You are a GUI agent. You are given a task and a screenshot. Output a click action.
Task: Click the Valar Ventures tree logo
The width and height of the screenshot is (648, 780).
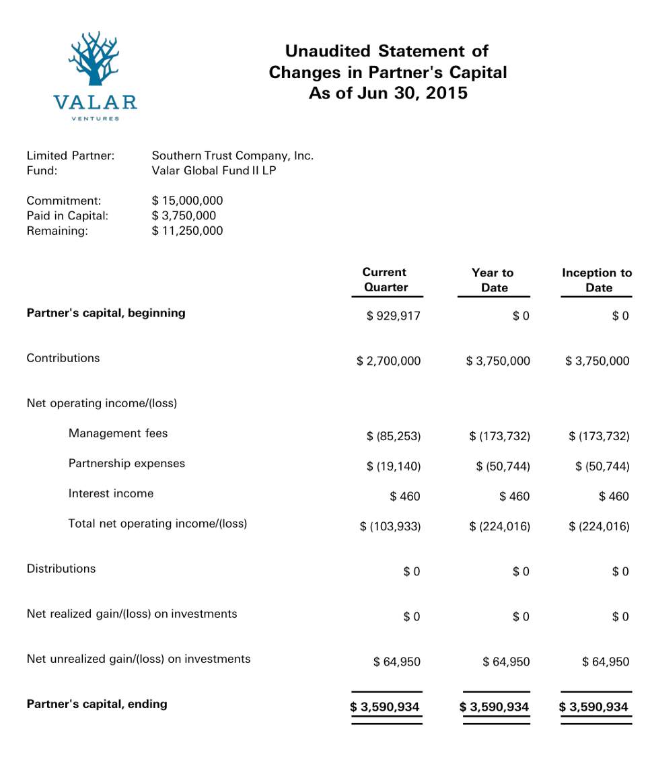(x=94, y=59)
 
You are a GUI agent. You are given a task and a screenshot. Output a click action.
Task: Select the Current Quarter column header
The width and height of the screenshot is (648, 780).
(x=385, y=280)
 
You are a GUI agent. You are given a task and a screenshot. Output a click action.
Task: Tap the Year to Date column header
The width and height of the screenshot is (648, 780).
(x=493, y=280)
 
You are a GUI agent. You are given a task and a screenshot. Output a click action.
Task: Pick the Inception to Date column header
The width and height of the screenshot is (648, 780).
(x=597, y=280)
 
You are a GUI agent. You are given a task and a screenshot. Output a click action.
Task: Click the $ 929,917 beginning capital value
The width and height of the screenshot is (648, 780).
(x=393, y=316)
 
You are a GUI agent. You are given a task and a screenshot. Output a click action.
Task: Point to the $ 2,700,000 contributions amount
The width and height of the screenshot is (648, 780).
(x=388, y=361)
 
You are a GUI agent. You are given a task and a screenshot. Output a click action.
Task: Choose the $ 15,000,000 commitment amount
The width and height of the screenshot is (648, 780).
(x=187, y=201)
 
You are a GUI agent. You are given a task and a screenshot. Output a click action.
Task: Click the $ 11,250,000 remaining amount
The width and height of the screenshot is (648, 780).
(x=187, y=232)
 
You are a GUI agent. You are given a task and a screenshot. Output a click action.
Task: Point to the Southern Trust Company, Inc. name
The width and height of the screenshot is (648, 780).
(x=233, y=156)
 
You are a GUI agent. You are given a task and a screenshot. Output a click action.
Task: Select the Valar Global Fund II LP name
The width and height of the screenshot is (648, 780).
(x=214, y=171)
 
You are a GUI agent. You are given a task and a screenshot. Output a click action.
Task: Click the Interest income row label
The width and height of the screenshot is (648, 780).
(x=111, y=494)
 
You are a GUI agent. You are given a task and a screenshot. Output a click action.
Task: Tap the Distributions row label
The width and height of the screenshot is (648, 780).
(x=61, y=569)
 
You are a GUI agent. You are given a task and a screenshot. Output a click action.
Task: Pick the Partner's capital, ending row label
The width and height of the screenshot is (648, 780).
(x=97, y=705)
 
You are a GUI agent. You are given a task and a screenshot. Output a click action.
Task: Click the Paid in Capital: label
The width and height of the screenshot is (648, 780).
(x=67, y=216)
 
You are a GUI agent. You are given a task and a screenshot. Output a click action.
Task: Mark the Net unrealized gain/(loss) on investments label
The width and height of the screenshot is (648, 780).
(x=139, y=660)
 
